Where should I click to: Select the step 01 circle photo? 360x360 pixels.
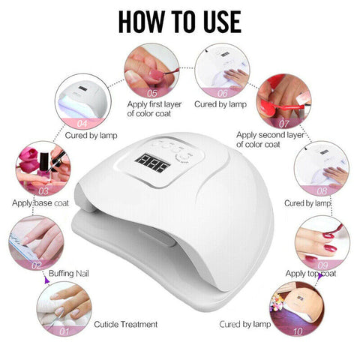(x=63, y=307)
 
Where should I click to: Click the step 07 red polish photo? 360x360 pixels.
(x=283, y=101)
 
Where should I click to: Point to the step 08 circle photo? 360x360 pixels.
(x=321, y=169)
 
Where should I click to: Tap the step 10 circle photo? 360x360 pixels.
(x=297, y=308)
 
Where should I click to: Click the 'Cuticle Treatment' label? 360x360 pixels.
(x=126, y=325)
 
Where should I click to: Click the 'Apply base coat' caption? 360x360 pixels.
(x=41, y=202)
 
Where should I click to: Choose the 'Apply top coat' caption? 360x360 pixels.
(x=310, y=275)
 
